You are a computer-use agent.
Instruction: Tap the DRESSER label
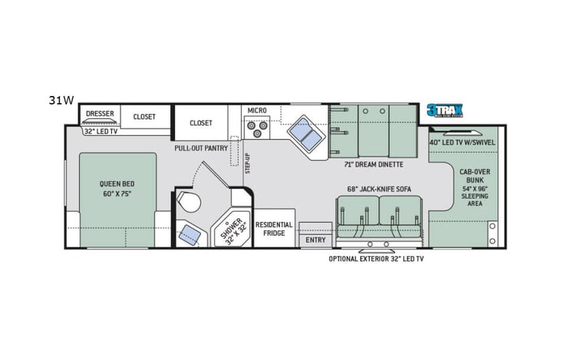[100, 114]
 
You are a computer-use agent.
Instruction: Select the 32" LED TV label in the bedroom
[101, 132]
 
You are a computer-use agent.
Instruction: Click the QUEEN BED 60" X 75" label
[117, 188]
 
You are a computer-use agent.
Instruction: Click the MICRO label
[257, 111]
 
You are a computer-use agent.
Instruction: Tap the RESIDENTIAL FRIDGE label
[274, 229]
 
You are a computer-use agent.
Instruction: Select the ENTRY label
[315, 240]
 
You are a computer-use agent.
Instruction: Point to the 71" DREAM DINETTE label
[375, 164]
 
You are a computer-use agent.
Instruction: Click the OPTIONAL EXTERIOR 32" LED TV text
[376, 259]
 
